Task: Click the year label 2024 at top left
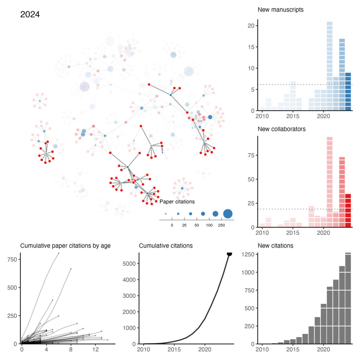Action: (30, 15)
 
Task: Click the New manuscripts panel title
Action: (280, 10)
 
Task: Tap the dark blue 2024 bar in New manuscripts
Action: (348, 92)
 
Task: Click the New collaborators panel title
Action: (282, 129)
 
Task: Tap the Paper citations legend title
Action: (177, 202)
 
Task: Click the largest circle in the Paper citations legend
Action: (228, 214)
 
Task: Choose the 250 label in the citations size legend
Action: (221, 225)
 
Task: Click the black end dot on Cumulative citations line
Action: (229, 253)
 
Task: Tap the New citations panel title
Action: (275, 246)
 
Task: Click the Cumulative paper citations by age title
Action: (65, 246)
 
